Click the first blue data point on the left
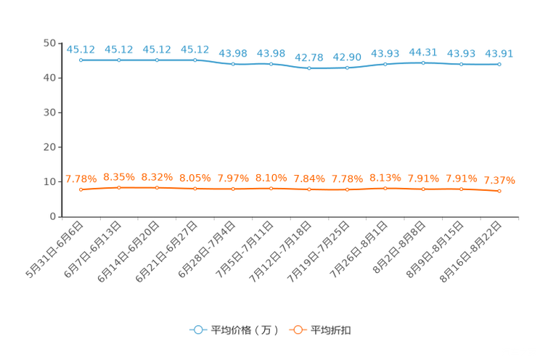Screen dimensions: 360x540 81,60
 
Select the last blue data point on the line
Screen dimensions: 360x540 499,65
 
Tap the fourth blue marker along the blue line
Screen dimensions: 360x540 195,60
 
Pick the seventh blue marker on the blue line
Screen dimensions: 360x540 309,68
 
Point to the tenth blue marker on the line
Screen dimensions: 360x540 423,62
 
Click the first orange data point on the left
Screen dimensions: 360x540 81,190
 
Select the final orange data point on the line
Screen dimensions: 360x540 499,192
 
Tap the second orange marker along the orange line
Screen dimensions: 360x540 118,188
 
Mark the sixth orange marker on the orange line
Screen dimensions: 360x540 271,189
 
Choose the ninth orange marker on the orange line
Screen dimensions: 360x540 385,188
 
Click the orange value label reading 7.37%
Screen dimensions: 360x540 499,180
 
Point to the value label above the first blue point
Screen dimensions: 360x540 81,49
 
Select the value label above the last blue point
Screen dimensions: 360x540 499,53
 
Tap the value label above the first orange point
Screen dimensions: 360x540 81,179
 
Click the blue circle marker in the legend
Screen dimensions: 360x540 196,330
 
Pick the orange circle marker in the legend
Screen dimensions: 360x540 296,330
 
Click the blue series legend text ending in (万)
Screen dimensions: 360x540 245,330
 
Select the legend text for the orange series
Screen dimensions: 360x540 332,330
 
